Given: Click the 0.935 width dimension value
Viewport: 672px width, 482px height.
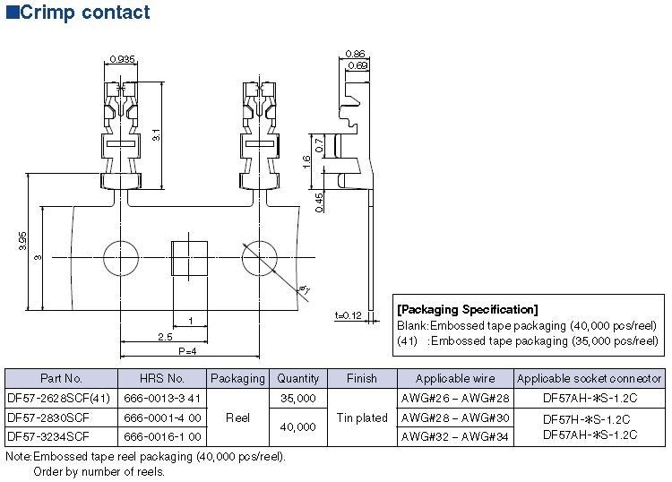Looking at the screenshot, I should (122, 59).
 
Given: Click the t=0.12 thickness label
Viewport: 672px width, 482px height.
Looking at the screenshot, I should (348, 315).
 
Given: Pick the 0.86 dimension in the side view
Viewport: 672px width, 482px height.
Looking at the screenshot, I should (356, 54).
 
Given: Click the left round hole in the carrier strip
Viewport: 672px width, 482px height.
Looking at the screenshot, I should (122, 259).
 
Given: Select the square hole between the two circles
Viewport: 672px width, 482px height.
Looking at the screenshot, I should (189, 258).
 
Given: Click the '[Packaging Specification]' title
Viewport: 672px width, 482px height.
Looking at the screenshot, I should (467, 310).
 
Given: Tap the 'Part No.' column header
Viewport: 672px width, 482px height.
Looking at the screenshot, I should (62, 378).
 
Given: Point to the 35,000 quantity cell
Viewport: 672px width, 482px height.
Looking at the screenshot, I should (297, 398).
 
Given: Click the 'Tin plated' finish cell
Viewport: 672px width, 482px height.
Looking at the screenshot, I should (362, 417).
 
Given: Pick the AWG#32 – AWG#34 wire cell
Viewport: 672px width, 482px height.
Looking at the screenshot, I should (454, 436).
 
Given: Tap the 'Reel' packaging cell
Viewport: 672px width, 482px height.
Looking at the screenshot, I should (237, 417).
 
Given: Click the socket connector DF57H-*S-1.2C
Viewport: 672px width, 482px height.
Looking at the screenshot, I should (590, 419).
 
